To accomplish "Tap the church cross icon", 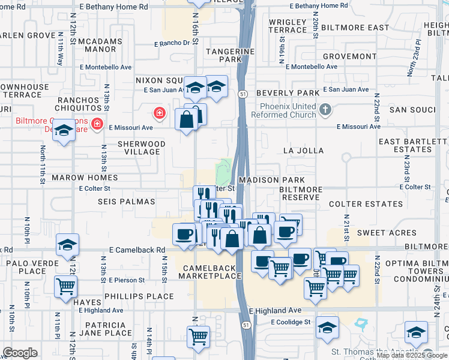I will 325,109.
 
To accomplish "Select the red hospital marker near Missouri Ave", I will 160,112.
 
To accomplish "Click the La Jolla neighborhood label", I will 306,151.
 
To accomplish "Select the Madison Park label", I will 271,180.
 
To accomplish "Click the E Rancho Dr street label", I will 172,43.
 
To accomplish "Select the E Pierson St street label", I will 127,280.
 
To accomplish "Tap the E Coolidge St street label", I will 290,322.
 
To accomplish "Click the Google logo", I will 20,353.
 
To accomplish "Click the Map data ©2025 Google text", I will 412,355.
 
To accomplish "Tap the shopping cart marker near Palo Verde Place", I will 65,286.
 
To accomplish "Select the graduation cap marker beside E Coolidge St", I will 327,328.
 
